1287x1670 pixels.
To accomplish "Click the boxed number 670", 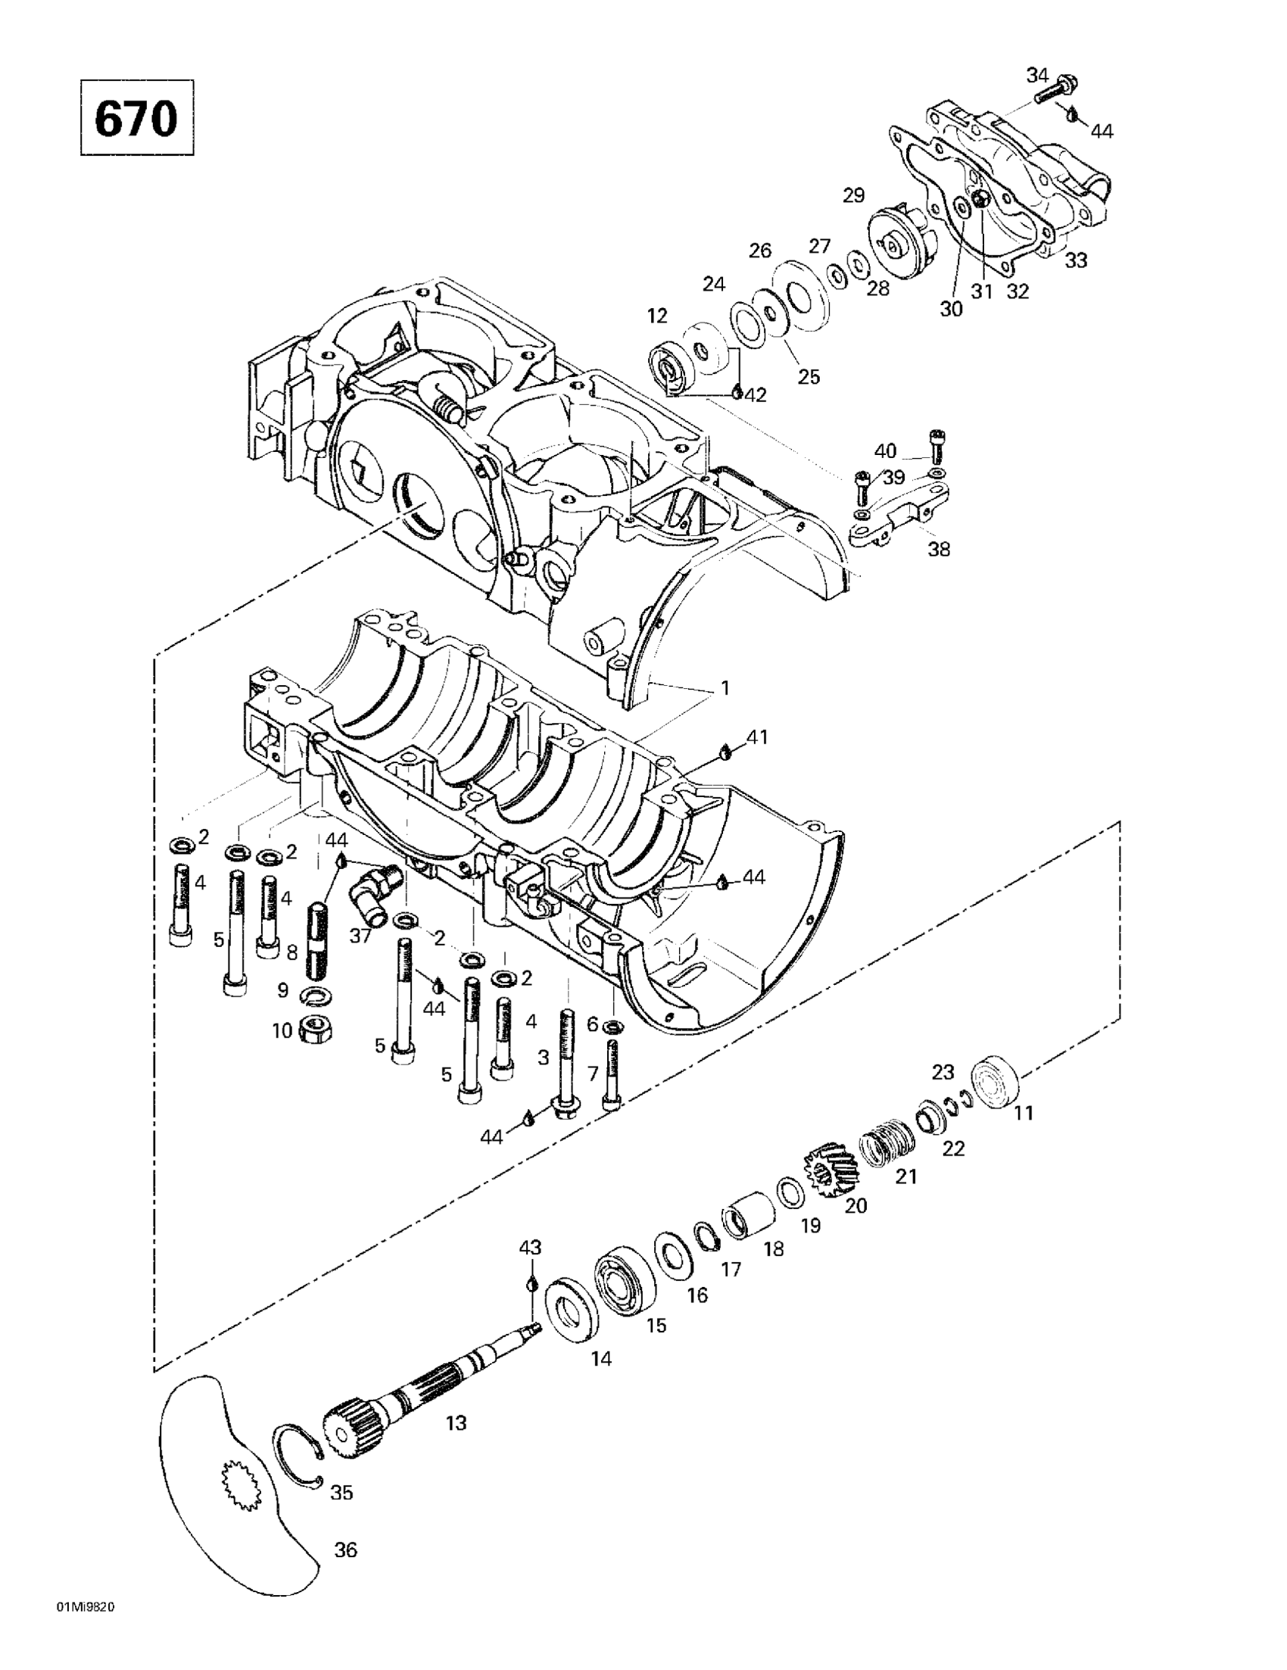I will (137, 118).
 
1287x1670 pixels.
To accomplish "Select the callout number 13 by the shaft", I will (456, 1423).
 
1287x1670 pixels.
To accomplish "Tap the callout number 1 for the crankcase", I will (723, 688).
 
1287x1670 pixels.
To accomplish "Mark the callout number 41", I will (757, 738).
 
